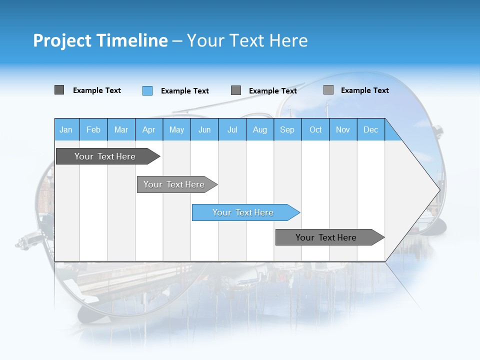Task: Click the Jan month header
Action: pos(66,129)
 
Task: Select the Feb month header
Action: pos(93,129)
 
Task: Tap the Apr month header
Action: pos(148,129)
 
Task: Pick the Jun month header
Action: pos(204,129)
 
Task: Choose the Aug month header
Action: pos(259,129)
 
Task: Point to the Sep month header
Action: pos(287,129)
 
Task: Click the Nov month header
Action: pos(342,129)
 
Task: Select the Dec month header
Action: pos(370,129)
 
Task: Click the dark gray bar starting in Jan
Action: pos(105,156)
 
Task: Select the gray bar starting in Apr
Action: pos(174,184)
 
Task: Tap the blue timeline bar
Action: pos(243,212)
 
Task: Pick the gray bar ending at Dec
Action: pos(326,237)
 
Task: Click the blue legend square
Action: pos(147,90)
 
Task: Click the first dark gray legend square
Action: pos(59,90)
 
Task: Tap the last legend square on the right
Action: pos(328,90)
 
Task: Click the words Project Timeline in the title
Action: pos(100,40)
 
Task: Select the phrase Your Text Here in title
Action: pos(247,40)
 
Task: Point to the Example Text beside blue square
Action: pos(184,91)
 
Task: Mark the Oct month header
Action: pos(315,129)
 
